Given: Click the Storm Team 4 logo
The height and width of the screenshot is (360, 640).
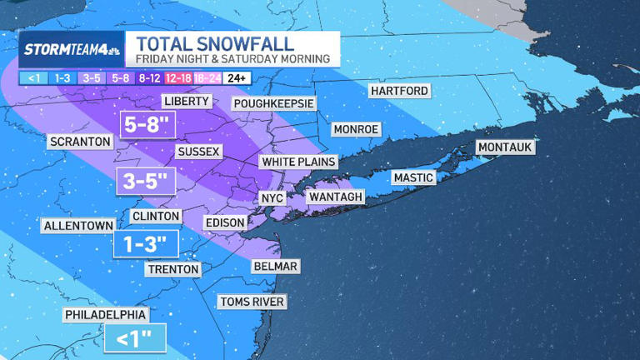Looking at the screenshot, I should [x=72, y=49].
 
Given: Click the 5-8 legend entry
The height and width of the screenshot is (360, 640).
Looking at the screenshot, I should [x=120, y=77].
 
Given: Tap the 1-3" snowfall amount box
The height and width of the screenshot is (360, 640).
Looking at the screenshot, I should [x=146, y=243].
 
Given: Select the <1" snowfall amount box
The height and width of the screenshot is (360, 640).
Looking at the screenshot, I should [x=134, y=337].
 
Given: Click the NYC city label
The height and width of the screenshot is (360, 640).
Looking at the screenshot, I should [x=272, y=198].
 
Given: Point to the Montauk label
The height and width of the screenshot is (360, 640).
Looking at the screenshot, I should [x=504, y=147].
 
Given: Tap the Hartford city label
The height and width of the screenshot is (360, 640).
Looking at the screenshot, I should [x=399, y=90].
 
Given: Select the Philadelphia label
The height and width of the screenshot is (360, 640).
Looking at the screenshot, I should [x=107, y=315].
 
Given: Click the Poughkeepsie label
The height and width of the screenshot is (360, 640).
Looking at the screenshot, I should [x=273, y=102].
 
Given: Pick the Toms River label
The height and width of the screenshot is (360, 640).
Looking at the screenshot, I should [x=252, y=301].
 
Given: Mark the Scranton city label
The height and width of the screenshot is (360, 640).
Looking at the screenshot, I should [x=80, y=142].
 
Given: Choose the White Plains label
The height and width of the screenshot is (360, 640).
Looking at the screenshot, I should [x=297, y=161].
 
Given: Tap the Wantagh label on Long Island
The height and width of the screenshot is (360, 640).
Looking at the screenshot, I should [x=336, y=197].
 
